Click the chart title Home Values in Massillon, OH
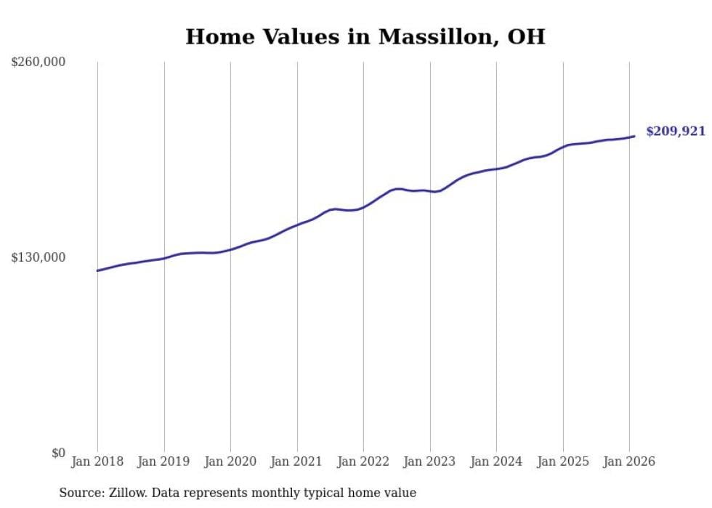[x=365, y=36]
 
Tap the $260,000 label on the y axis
[x=39, y=63]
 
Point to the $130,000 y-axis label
[x=39, y=257]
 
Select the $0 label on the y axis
[x=58, y=453]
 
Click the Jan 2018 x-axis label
[x=97, y=461]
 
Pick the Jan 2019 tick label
[x=163, y=461]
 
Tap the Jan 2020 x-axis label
[x=230, y=461]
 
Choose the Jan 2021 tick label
[x=296, y=461]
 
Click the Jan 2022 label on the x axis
[x=363, y=461]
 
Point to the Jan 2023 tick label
[x=429, y=461]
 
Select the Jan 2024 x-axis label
[x=496, y=461]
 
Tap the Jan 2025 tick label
[x=562, y=461]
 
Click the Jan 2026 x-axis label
[x=629, y=461]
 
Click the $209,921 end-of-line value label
[x=676, y=132]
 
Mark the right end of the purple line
[x=634, y=136]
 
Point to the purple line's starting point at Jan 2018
[x=97, y=270]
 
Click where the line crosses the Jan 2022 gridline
[x=363, y=207]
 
